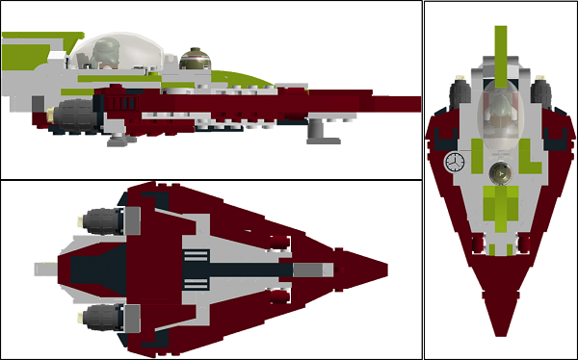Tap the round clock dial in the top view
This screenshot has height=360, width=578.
[454, 162]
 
